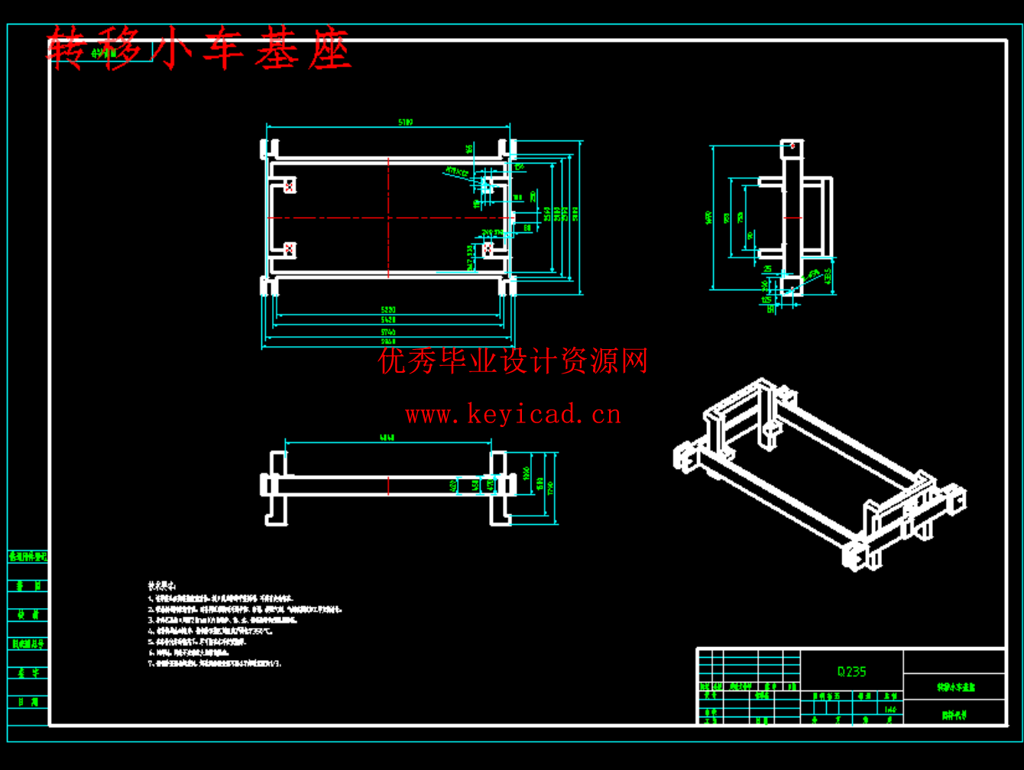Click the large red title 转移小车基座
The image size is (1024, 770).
coord(199,50)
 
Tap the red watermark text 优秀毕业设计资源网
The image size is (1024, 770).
coord(513,361)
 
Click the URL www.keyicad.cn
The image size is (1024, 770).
coord(513,416)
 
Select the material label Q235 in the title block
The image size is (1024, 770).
coord(851,671)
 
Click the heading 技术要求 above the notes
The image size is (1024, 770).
coord(162,585)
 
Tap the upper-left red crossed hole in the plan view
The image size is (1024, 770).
coord(289,186)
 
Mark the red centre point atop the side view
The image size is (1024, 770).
coord(792,144)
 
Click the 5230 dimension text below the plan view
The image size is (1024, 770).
coord(388,309)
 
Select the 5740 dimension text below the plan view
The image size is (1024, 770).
coord(388,332)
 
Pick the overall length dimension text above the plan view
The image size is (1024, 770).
coord(406,121)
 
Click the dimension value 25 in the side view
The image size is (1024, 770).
coord(767,269)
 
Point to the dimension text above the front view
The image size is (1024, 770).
coord(387,438)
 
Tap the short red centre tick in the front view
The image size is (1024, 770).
coord(388,486)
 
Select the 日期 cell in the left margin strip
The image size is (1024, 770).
coord(28,702)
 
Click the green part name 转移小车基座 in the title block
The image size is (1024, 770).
coord(956,687)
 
